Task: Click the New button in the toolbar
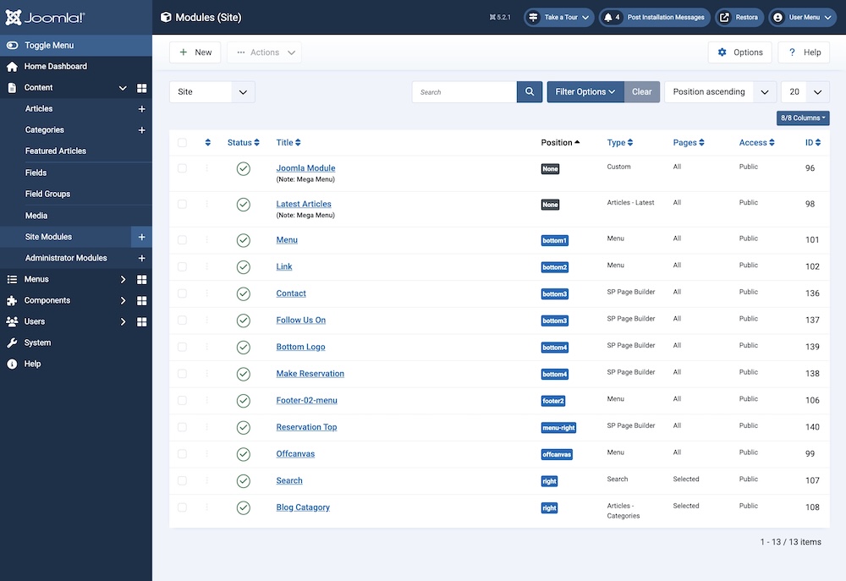[x=195, y=52]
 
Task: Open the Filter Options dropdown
[x=585, y=92]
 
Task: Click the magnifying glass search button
[x=530, y=92]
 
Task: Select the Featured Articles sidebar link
[x=56, y=151]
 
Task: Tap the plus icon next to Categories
[x=141, y=130]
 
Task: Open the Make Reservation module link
[x=310, y=374]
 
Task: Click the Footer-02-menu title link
[x=306, y=400]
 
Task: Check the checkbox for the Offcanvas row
[x=182, y=454]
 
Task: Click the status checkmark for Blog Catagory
[x=244, y=507]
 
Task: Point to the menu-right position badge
[x=558, y=428]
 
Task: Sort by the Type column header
[x=620, y=143]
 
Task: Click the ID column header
[x=812, y=143]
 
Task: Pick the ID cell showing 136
[x=812, y=293]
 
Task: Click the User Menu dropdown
[x=801, y=17]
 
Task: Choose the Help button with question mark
[x=804, y=52]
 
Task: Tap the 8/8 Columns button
[x=803, y=118]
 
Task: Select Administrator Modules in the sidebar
[x=66, y=258]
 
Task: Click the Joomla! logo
[x=46, y=17]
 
